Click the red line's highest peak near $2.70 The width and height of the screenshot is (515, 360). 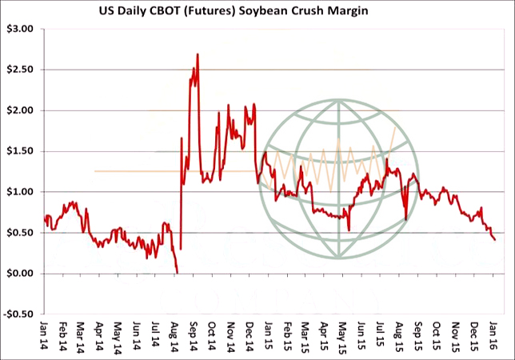coord(197,54)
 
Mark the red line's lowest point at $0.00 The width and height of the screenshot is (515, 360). coord(177,273)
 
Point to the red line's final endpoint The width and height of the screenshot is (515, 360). coord(494,239)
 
